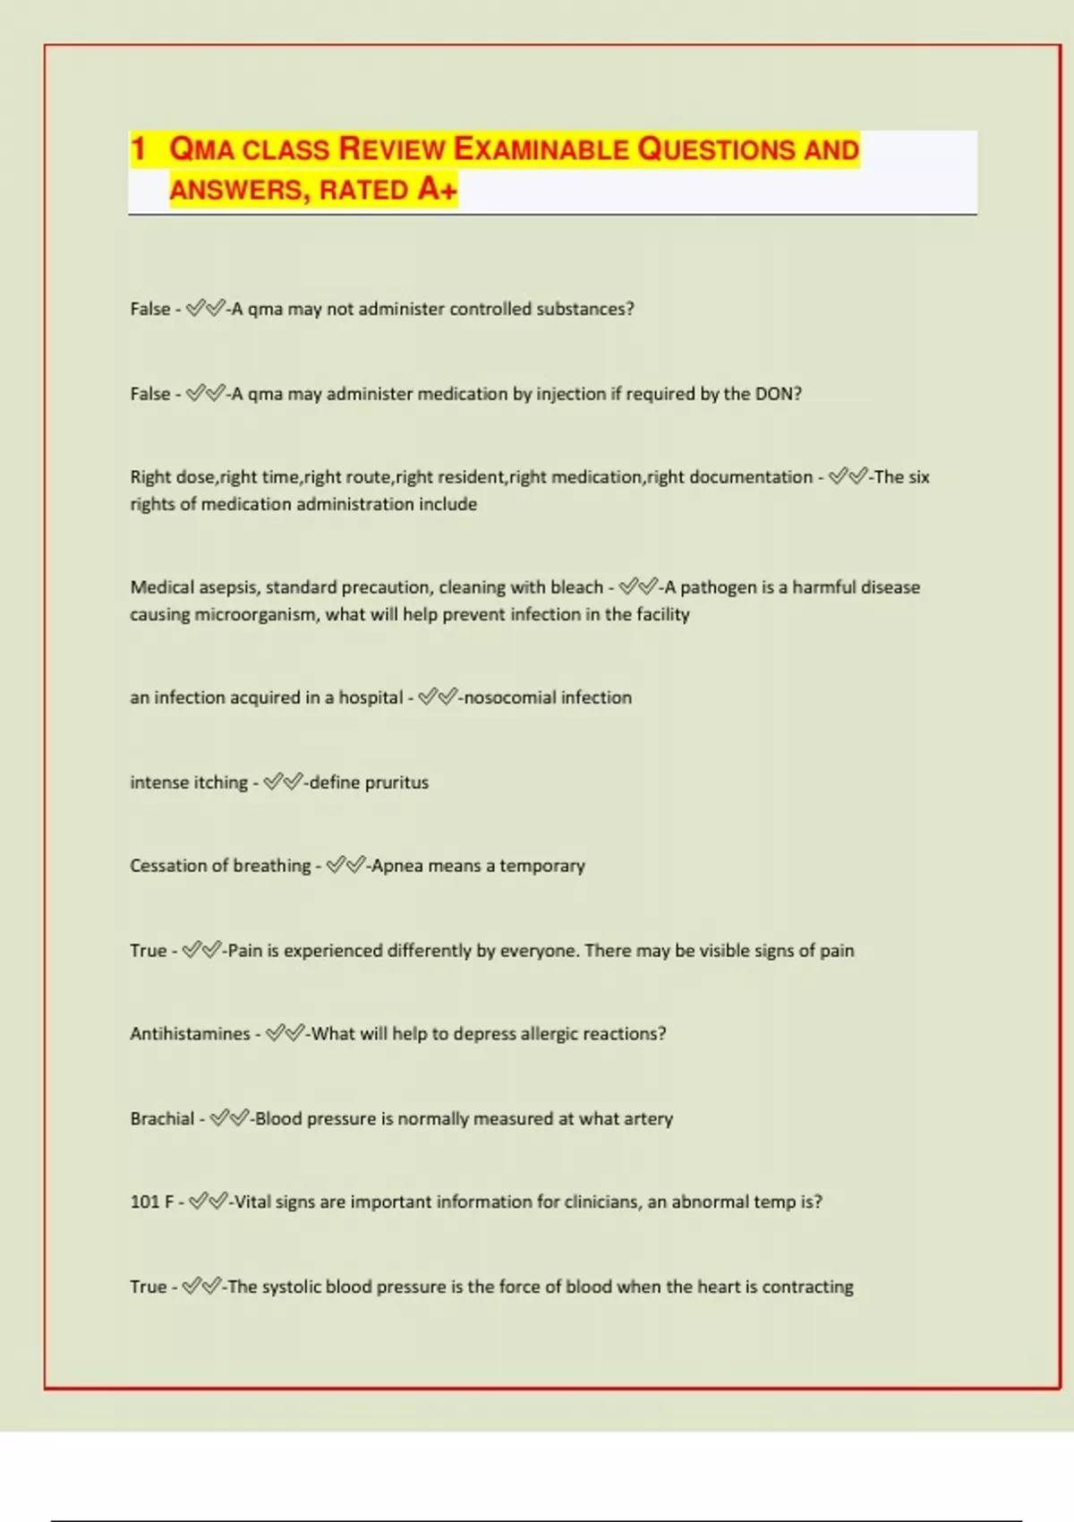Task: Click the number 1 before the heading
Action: coord(138,149)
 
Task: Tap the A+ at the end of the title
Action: coord(438,189)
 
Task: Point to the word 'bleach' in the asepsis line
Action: coord(576,587)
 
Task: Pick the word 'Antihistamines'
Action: coord(190,1034)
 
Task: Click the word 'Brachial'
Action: coord(162,1118)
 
